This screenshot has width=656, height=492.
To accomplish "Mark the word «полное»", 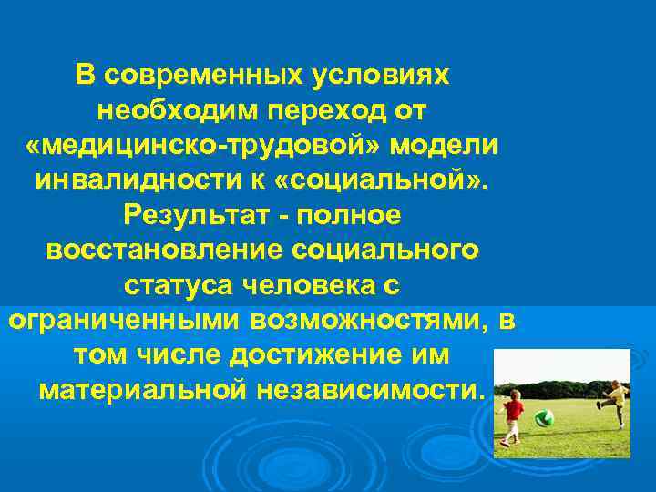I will [x=349, y=215].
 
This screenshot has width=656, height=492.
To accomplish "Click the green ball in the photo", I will [x=545, y=419].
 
